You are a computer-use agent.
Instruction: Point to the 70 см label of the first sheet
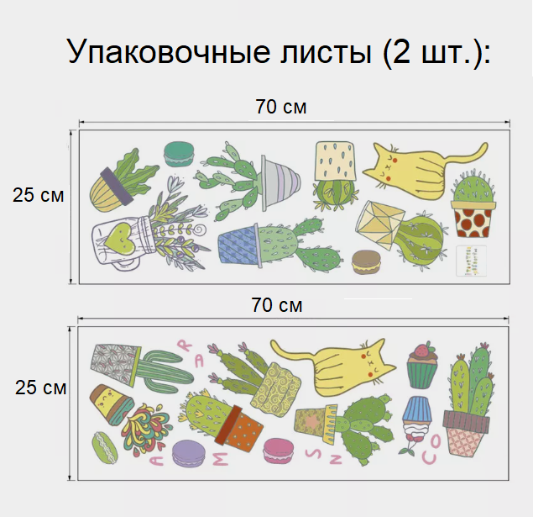coord(281,107)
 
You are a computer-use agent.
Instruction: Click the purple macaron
coord(188,455)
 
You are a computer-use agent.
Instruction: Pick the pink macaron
coord(276,451)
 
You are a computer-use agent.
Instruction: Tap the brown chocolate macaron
coord(365,262)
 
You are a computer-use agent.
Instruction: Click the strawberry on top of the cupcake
coord(421,350)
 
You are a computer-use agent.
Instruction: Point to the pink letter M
coord(220,459)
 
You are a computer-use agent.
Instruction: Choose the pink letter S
coord(311,453)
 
